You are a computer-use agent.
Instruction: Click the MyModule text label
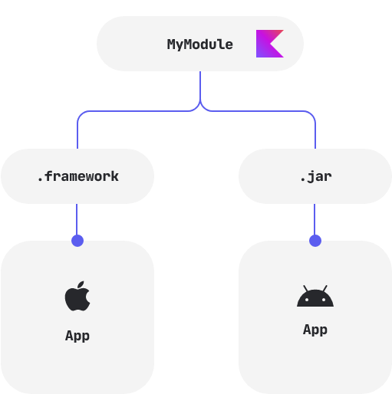[199, 44]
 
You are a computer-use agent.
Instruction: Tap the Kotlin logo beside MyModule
[269, 44]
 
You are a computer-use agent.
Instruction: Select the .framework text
[77, 176]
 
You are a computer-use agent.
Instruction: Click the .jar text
[315, 176]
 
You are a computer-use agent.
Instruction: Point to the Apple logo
[77, 297]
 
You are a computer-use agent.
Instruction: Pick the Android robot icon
[315, 297]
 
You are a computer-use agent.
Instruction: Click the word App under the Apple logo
[77, 336]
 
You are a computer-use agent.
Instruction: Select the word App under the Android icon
[315, 330]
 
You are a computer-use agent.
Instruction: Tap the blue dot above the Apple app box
[77, 241]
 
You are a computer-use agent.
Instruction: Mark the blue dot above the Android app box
[315, 241]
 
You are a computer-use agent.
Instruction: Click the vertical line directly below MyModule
[200, 84]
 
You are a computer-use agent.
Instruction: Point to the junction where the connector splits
[200, 105]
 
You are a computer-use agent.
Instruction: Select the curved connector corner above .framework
[81, 115]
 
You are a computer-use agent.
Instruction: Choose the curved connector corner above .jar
[312, 115]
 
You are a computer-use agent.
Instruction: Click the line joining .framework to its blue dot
[77, 219]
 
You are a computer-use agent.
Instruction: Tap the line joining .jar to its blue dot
[315, 219]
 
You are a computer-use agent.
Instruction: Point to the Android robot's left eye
[308, 300]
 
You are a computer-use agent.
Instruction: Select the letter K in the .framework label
[114, 176]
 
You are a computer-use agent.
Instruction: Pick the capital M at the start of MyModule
[172, 44]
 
